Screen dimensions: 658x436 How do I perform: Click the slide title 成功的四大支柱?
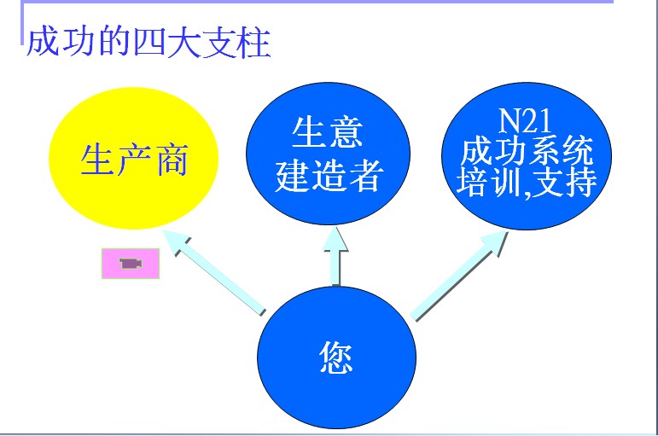point(148,42)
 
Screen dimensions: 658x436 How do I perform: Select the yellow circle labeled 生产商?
point(134,158)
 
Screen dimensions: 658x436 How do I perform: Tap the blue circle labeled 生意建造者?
point(328,154)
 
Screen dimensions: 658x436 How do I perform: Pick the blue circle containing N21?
point(527,155)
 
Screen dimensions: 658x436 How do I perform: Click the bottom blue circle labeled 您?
point(336,358)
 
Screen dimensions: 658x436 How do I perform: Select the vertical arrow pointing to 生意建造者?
point(335,257)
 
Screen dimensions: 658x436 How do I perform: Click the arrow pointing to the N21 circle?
point(459,276)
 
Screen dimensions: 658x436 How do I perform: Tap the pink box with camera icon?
point(131,264)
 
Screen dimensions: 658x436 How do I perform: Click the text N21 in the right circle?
point(525,121)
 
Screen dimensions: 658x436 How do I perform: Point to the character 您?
point(335,357)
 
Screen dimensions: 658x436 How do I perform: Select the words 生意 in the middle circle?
point(328,131)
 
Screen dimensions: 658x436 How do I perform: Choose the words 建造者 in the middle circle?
point(329,176)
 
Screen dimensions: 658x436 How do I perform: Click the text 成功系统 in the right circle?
point(527,151)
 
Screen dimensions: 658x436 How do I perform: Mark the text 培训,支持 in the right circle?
point(527,182)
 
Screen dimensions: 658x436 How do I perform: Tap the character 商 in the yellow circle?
point(172,160)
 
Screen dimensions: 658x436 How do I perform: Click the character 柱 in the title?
point(253,43)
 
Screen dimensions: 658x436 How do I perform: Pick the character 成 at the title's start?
point(43,42)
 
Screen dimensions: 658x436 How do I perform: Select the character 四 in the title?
point(148,43)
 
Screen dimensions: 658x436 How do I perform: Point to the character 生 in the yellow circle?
point(97,160)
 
